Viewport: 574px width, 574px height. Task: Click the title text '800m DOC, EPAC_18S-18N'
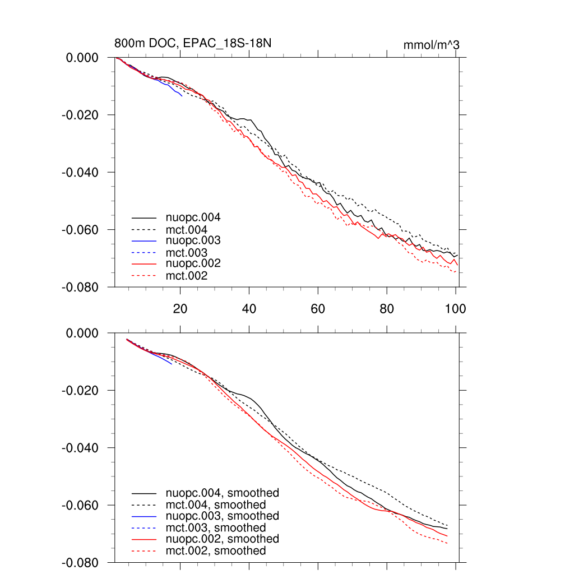193,43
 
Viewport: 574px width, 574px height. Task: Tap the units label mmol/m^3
431,45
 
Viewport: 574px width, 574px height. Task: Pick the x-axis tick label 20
180,308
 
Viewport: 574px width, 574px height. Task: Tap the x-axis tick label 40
249,308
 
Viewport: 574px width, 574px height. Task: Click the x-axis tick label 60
318,308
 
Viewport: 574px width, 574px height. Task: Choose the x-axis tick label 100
455,308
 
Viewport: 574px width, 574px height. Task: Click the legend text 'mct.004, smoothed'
216,505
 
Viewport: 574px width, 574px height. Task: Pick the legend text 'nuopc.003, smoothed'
223,516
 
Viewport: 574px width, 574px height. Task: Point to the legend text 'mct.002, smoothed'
216,551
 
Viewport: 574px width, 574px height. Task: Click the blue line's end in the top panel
182,96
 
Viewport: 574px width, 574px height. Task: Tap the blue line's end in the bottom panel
172,364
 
